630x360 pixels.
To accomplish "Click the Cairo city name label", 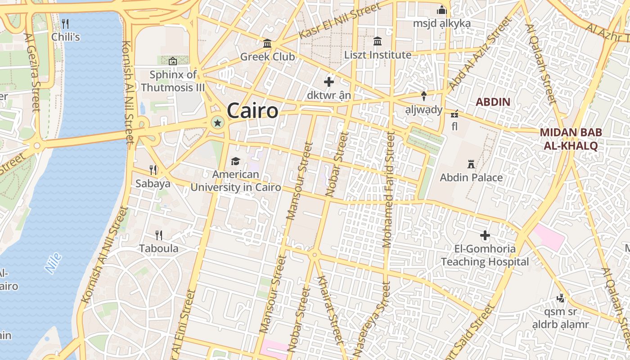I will point(252,111).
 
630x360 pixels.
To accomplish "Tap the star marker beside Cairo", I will point(217,122).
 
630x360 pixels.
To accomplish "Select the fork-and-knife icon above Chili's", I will point(65,23).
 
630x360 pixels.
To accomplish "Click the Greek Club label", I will point(267,57).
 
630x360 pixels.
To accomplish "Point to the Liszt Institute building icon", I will point(378,41).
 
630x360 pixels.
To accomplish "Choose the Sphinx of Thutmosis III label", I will point(173,81).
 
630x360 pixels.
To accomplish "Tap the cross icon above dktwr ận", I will point(329,82).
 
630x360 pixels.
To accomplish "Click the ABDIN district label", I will point(493,102).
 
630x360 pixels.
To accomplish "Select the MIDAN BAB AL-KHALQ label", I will point(571,139).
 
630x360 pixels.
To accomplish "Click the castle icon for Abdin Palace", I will point(471,164).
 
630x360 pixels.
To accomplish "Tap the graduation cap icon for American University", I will point(235,161).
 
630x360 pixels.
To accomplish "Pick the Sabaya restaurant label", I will point(153,184).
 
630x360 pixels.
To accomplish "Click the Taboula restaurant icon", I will point(159,235).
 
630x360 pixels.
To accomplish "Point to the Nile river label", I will point(53,263).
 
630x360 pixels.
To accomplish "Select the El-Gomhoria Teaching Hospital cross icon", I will point(485,235).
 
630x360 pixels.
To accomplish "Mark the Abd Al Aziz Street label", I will point(481,53).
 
